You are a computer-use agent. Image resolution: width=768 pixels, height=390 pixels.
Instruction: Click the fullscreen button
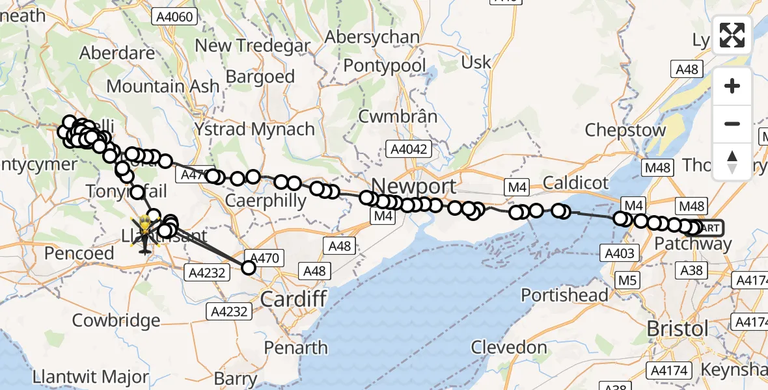coord(732,35)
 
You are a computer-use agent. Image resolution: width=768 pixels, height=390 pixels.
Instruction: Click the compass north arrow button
coord(732,161)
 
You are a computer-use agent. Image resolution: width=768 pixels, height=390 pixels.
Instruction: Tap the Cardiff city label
coord(292,299)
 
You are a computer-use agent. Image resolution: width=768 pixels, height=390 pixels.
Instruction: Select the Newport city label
coord(414,187)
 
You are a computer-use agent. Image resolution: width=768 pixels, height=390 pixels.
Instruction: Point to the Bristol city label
coord(678,328)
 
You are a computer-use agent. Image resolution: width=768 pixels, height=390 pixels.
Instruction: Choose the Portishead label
coord(565,294)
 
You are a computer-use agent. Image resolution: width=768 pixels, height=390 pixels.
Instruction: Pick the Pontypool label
coord(385,66)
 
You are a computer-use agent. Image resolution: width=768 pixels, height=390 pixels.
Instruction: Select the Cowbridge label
coord(116,320)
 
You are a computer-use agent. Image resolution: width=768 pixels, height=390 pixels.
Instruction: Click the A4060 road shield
coord(174,16)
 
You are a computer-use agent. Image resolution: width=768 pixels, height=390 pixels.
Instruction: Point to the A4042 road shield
coord(408,149)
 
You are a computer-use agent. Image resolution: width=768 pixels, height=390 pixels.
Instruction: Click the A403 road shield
coord(619,253)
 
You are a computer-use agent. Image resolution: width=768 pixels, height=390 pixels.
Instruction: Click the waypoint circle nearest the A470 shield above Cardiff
coord(249,267)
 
